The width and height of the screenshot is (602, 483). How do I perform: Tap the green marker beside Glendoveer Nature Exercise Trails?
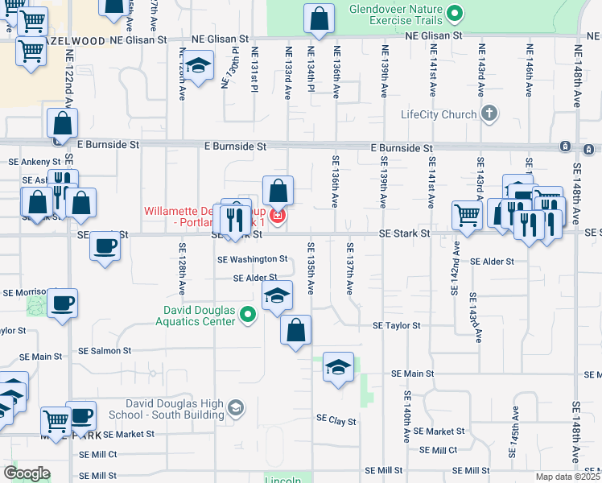(455, 13)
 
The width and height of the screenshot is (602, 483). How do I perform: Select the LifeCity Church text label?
(439, 114)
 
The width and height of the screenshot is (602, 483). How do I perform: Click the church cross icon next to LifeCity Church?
(489, 114)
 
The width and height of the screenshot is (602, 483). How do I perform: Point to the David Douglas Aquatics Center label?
(200, 316)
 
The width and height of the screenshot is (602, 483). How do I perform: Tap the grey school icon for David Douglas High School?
(235, 407)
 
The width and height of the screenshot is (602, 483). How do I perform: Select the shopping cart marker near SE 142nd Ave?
(467, 214)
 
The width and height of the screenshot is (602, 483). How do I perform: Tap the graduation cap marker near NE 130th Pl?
(197, 65)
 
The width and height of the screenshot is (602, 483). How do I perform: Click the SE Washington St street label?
(252, 259)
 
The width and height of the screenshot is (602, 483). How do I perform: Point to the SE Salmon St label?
(104, 351)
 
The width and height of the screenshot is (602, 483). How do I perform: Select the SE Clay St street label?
(336, 419)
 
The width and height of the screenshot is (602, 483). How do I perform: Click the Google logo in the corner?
(27, 473)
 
